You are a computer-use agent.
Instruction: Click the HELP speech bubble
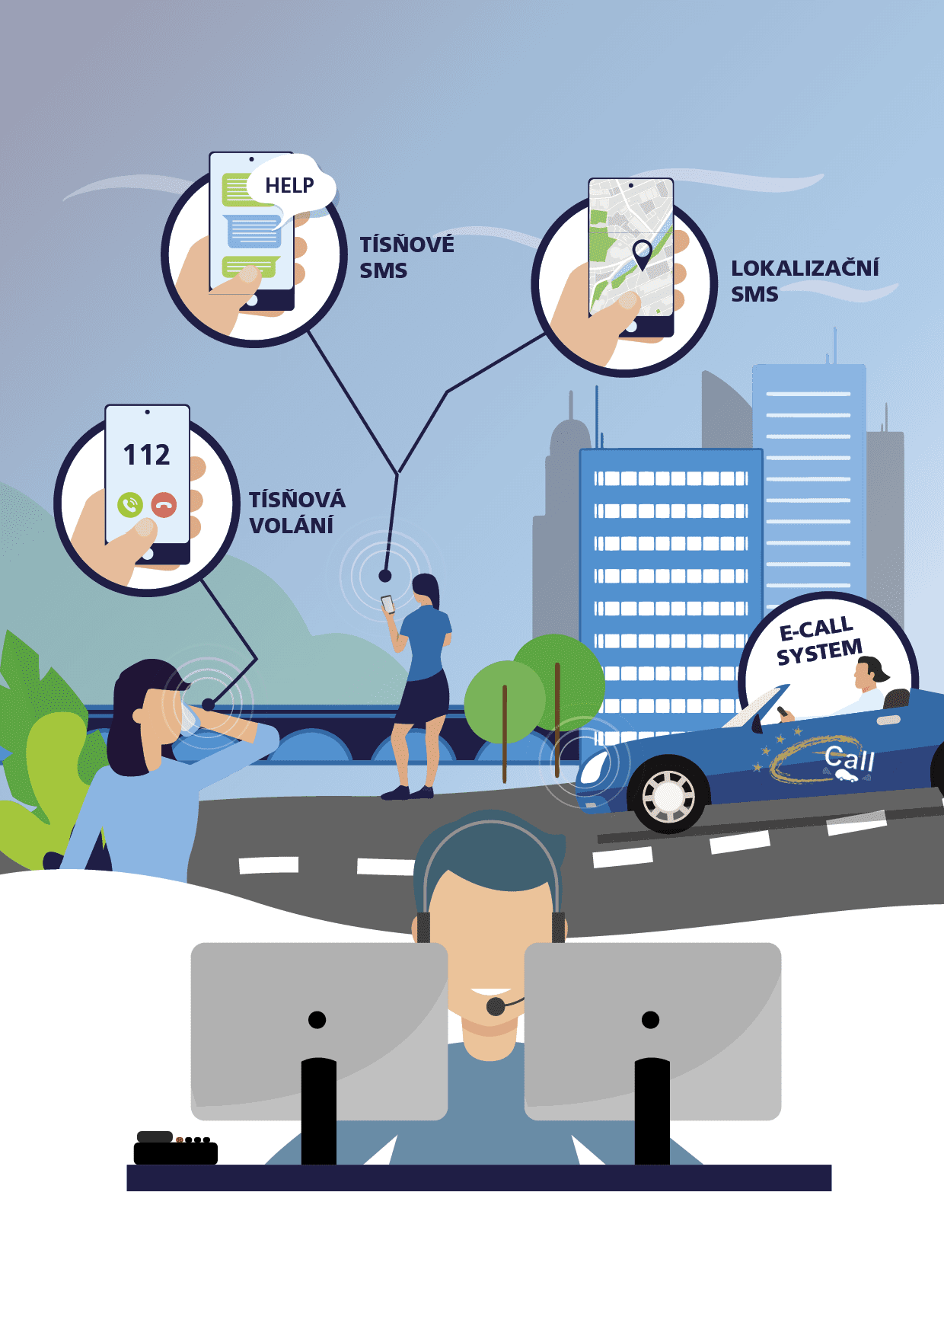tap(289, 185)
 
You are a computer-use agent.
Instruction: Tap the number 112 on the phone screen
tap(147, 455)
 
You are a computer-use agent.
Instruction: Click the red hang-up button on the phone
tap(164, 504)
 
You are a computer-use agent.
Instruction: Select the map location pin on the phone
tap(642, 252)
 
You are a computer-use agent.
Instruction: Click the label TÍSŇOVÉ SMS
tap(406, 257)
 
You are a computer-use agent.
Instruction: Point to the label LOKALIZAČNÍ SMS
tap(804, 280)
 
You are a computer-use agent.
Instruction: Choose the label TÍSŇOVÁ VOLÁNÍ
tap(297, 512)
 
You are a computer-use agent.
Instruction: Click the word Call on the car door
tap(849, 759)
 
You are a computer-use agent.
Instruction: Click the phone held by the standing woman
tap(388, 604)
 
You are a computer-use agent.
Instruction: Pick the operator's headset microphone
tap(496, 1006)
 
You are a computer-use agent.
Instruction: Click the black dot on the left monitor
tap(317, 1019)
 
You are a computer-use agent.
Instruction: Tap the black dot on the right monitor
tap(650, 1019)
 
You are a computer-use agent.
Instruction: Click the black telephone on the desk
tap(175, 1149)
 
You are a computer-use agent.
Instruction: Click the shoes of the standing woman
tap(407, 793)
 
